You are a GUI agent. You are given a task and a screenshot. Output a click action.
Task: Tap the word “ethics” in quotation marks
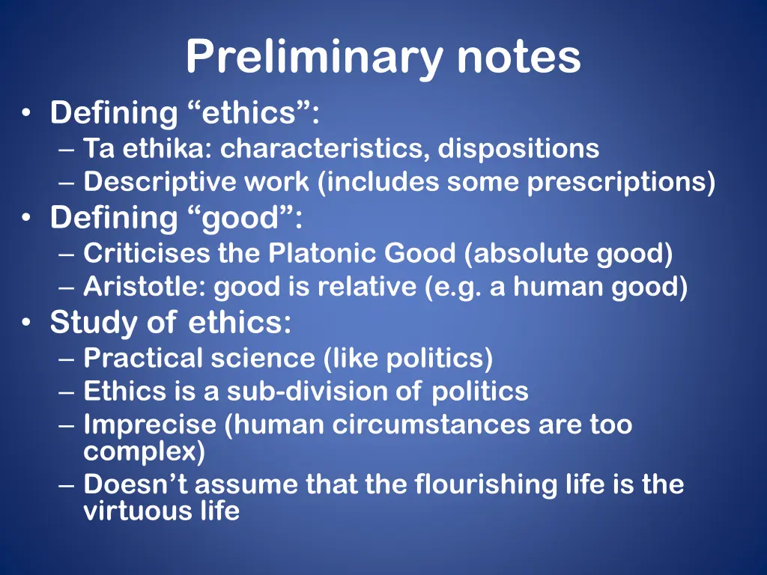[x=249, y=114]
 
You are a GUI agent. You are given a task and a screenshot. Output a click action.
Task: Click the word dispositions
[x=518, y=148]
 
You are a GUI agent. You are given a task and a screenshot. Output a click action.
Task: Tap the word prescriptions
[x=621, y=182]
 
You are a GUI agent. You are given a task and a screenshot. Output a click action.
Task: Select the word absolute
[x=530, y=254]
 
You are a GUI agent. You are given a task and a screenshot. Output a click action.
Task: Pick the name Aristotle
[x=145, y=287]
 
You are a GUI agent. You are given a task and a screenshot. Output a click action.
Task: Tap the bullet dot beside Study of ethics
[x=27, y=324]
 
